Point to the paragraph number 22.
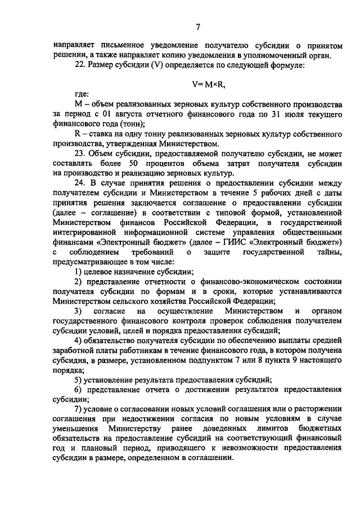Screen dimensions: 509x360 [x=80, y=66]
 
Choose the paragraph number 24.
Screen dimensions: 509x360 [x=80, y=183]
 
